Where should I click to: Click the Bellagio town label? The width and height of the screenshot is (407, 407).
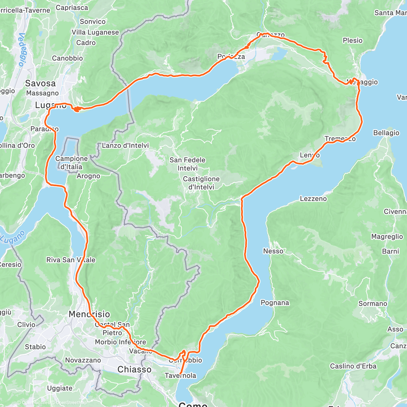coord(386,133)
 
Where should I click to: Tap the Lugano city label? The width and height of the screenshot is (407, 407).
coord(51,105)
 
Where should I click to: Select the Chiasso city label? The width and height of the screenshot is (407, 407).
coord(134,369)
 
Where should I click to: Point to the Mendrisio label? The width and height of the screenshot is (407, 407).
coord(89,314)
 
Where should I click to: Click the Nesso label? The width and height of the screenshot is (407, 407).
coord(273,251)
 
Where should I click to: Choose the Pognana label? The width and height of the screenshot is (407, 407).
coord(275,303)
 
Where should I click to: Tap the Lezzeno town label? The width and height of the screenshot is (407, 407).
coord(313,198)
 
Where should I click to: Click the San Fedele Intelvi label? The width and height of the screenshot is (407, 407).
coord(188,164)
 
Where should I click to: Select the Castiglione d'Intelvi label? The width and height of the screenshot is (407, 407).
coord(201,183)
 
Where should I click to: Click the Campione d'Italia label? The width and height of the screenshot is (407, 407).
coord(71,162)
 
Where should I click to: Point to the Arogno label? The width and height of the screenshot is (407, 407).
coord(88,176)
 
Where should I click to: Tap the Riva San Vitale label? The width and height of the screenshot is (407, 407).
coord(71,260)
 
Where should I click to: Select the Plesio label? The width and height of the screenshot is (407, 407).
coord(352,40)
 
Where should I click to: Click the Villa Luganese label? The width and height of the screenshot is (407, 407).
coord(95,32)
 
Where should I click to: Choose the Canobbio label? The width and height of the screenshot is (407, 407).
coord(67,58)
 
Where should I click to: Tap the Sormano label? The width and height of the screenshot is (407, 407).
coord(373,304)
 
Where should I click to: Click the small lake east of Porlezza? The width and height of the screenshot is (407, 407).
coord(279,53)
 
